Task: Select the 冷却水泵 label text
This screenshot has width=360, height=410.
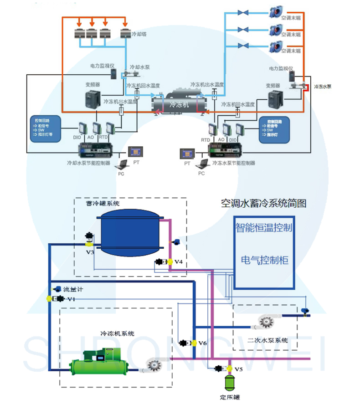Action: (139, 67)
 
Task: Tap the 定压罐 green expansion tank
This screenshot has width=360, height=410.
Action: (229, 382)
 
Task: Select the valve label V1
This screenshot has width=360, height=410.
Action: (71, 299)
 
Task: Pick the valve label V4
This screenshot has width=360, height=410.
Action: (178, 262)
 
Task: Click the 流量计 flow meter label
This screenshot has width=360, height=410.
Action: (73, 289)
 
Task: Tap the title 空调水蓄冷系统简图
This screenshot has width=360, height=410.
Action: (263, 203)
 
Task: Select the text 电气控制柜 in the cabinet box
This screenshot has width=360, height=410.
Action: (264, 260)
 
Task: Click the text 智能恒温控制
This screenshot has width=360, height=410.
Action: (264, 226)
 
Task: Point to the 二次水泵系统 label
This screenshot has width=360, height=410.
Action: (267, 340)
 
